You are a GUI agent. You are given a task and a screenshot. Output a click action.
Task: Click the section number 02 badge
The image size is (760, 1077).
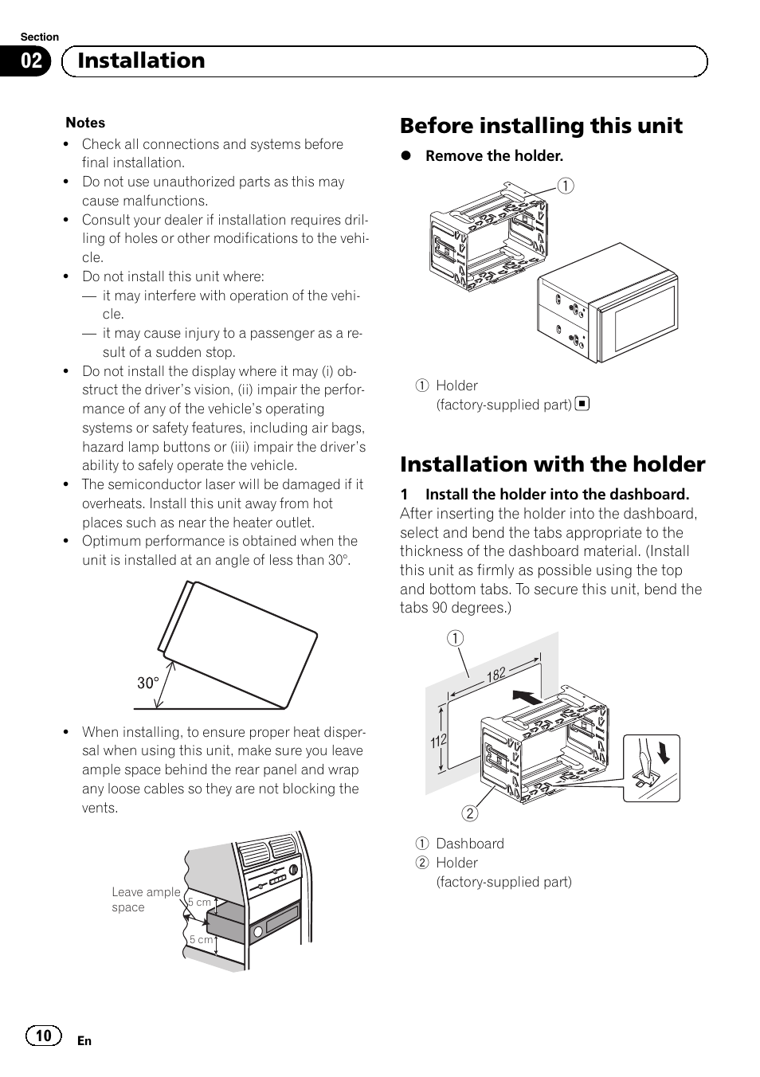click(31, 61)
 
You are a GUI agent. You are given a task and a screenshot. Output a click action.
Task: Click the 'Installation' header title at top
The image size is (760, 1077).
click(141, 61)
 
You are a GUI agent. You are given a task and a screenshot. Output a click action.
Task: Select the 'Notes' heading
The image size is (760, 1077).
click(85, 123)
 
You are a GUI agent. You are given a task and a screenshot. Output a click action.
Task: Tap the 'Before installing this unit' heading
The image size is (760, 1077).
click(541, 126)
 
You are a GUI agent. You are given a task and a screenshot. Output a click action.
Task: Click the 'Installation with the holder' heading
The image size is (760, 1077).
click(552, 464)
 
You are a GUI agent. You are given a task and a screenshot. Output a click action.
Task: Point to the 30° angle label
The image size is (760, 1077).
click(148, 683)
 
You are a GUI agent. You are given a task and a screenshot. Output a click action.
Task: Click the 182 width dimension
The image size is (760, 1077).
click(496, 675)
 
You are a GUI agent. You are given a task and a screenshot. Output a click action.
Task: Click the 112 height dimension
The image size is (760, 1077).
click(438, 741)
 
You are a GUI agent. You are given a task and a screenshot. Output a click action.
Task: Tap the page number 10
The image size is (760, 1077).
click(43, 1035)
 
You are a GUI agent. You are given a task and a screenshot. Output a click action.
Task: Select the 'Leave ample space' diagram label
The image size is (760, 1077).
click(145, 899)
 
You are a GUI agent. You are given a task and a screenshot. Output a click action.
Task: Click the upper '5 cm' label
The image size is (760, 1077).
click(199, 902)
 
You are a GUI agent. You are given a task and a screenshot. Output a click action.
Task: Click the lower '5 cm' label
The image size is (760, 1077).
click(201, 939)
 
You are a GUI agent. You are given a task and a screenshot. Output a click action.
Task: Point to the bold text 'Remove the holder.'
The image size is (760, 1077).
click(494, 156)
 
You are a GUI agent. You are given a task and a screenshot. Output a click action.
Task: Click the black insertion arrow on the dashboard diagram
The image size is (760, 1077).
click(527, 697)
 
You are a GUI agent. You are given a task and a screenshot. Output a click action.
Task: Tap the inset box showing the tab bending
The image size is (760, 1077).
click(651, 768)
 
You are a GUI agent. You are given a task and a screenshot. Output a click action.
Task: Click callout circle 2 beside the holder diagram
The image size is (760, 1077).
click(470, 813)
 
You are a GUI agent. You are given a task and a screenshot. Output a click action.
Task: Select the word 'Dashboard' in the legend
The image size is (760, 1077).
click(469, 844)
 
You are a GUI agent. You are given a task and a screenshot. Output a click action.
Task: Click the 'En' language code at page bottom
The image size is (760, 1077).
click(84, 1041)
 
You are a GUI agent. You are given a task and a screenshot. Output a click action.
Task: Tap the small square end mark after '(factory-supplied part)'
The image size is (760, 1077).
click(582, 404)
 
